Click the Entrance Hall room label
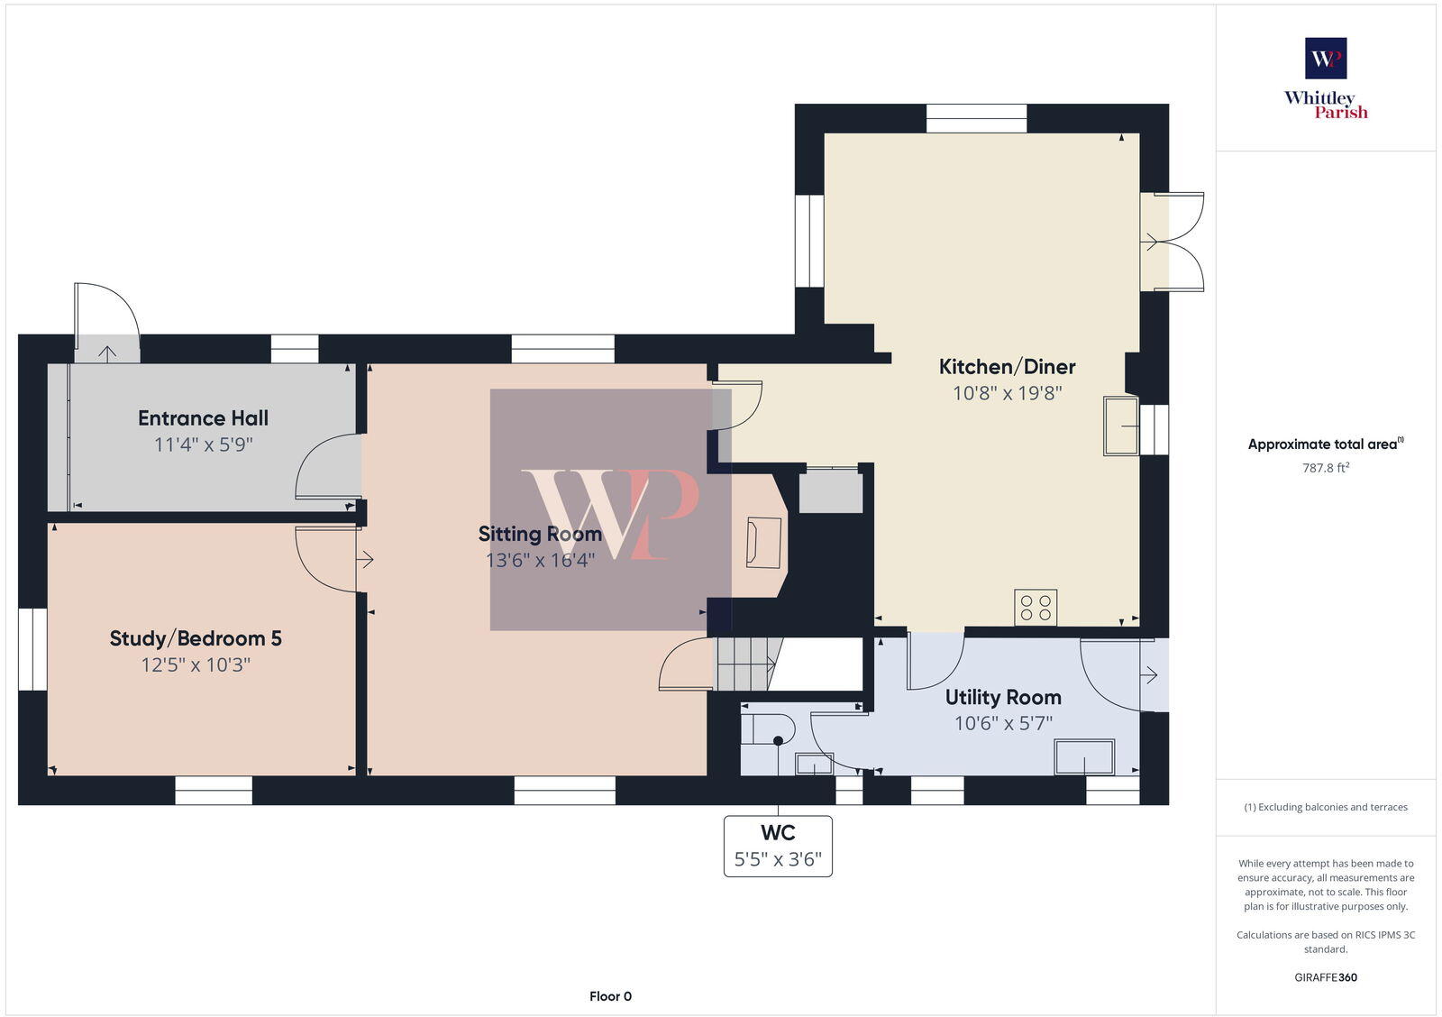(x=203, y=418)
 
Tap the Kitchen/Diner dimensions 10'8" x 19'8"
(x=1007, y=393)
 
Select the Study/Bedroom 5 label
(x=196, y=638)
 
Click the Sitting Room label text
(x=539, y=534)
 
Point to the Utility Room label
(x=1003, y=697)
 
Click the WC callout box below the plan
(x=778, y=846)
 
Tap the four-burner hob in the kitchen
(x=1036, y=607)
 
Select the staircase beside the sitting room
(x=746, y=664)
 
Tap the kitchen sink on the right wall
(x=1120, y=426)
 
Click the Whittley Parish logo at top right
(x=1326, y=79)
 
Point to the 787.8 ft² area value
(x=1325, y=468)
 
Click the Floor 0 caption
(x=610, y=996)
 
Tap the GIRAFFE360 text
(x=1325, y=977)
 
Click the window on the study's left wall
(x=32, y=649)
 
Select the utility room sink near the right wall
(x=1084, y=757)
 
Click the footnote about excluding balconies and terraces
(x=1325, y=807)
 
